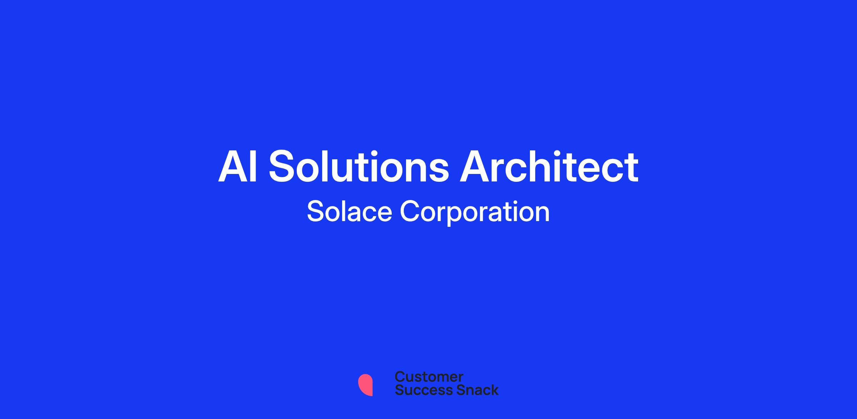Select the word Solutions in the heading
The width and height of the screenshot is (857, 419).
(359, 166)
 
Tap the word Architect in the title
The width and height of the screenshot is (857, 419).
(549, 166)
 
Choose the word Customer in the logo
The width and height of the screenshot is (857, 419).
(429, 377)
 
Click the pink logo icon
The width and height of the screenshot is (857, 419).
(365, 385)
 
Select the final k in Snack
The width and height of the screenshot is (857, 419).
(494, 390)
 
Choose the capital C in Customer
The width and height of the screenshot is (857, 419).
(400, 377)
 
